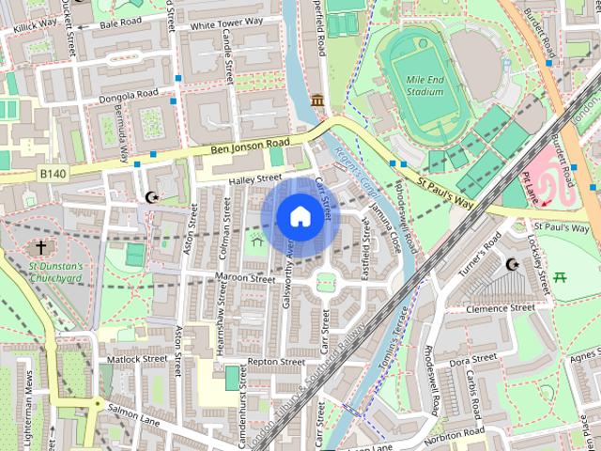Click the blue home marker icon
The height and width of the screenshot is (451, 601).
coord(299,217)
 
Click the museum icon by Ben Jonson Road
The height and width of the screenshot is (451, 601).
coord(317,101)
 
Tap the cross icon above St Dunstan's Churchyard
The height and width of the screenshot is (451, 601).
coord(40,248)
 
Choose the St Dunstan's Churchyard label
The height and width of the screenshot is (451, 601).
coord(54,272)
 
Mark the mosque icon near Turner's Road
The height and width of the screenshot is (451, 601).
coord(512,266)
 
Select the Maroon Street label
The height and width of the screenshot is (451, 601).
coord(244,279)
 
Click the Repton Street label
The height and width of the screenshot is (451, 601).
coord(276,362)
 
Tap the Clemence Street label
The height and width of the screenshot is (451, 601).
coord(504,308)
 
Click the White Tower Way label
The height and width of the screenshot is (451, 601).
coord(226,22)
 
